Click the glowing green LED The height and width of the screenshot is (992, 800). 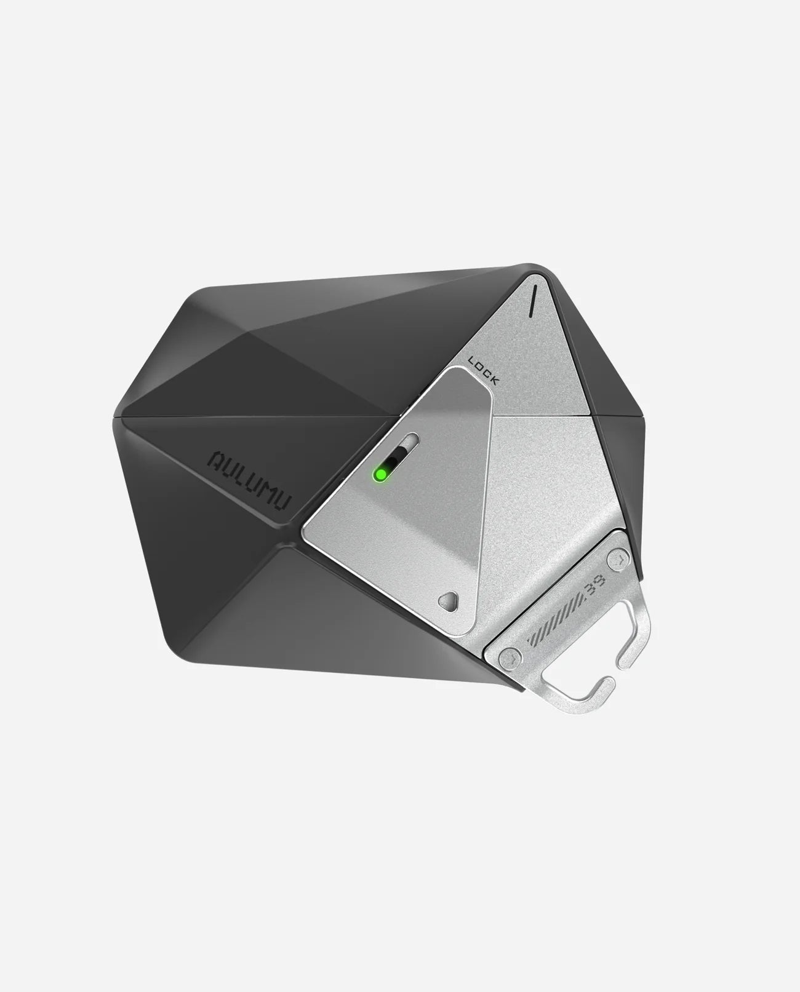click(380, 474)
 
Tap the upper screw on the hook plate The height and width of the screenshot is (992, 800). click(617, 560)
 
